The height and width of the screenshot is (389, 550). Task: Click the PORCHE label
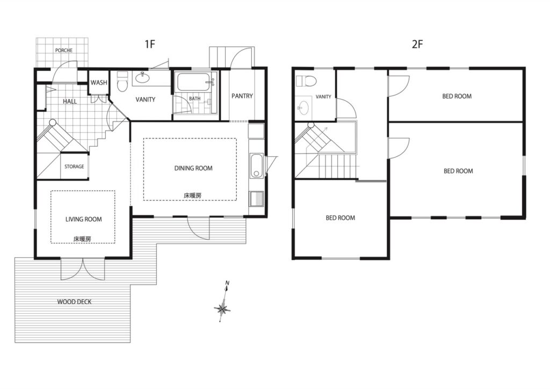[x=64, y=50]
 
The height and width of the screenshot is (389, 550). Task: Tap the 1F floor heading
[x=150, y=44]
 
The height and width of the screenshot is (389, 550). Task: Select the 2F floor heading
[x=417, y=44]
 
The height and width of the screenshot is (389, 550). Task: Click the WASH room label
[x=99, y=83]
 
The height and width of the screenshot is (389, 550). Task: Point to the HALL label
[x=70, y=102]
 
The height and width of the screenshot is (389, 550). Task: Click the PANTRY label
[x=242, y=96]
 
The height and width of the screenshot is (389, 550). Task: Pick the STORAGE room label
[x=74, y=166]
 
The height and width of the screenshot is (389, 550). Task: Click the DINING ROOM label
[x=193, y=168]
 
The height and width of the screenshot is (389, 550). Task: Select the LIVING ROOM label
[x=83, y=219]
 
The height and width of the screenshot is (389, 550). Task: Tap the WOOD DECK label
[x=74, y=301]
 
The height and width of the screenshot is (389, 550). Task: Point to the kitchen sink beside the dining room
[x=256, y=165]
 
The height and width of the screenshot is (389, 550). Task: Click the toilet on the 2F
[x=306, y=81]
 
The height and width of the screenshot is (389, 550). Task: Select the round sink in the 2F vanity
[x=303, y=106]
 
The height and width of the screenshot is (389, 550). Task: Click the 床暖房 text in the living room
[x=82, y=239]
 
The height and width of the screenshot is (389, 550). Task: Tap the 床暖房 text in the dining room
[x=193, y=196]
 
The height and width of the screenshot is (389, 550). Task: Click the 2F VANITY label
[x=323, y=97]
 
